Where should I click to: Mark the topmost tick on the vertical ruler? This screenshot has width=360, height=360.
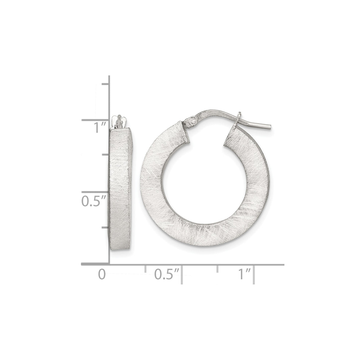click(x=105, y=84)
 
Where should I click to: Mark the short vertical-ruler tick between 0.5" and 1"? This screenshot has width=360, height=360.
click(x=105, y=155)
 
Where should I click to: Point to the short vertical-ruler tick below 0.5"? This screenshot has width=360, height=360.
click(x=105, y=228)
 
